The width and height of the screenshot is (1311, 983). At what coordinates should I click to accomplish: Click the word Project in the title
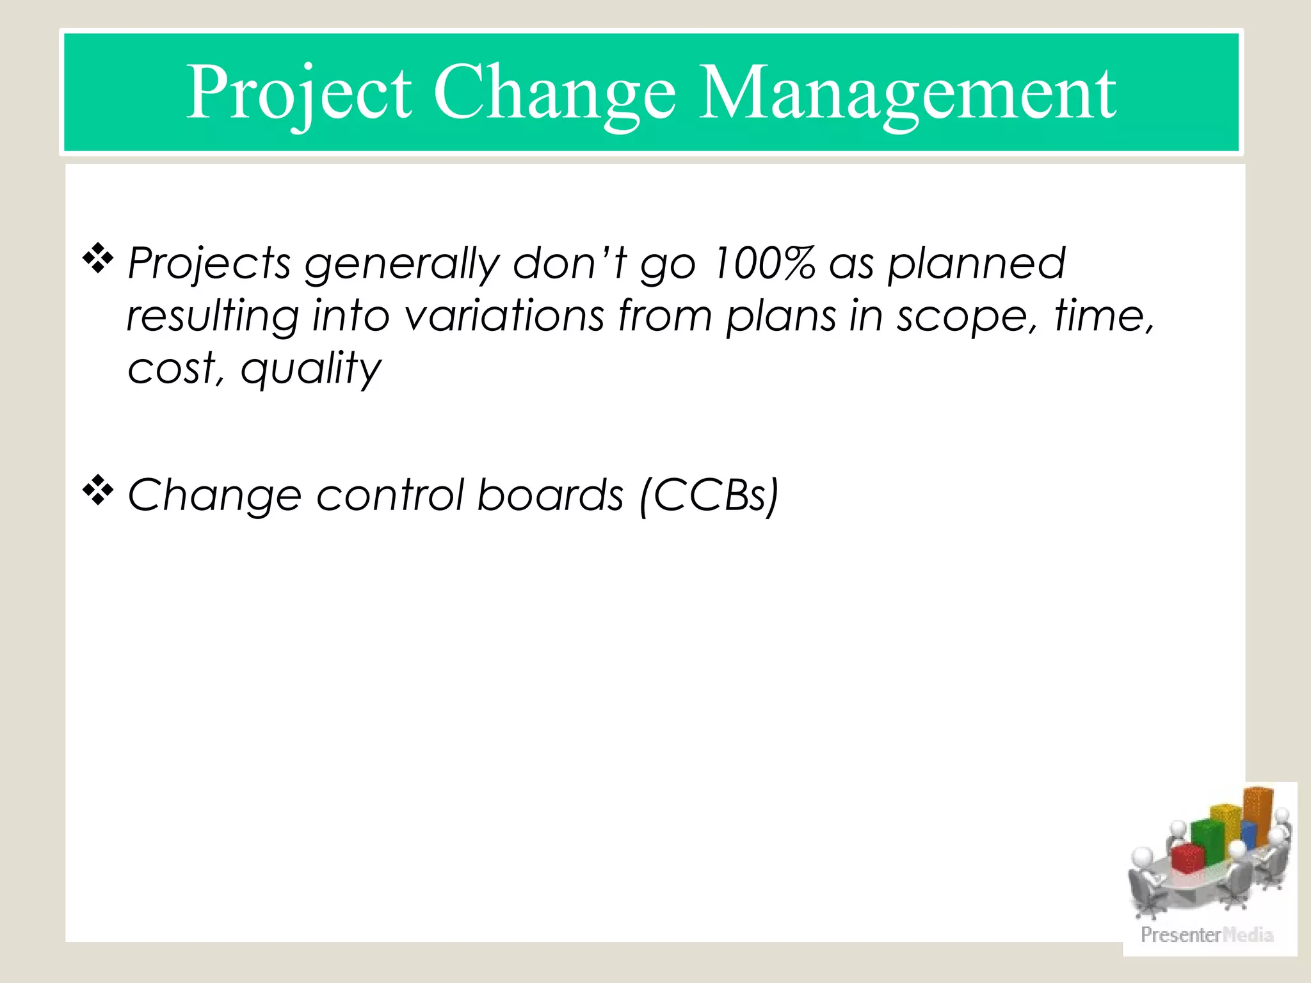tap(299, 93)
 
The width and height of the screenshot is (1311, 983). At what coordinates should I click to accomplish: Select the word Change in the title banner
tap(554, 93)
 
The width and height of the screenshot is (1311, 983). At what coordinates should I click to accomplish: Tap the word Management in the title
tap(907, 93)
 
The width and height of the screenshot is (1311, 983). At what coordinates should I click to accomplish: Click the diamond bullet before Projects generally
tap(98, 259)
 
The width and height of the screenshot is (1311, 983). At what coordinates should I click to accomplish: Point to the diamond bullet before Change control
tap(98, 491)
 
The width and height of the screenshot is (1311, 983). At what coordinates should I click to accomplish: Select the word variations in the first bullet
tap(504, 316)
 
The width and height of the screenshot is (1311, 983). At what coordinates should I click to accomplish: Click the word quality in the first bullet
tap(311, 370)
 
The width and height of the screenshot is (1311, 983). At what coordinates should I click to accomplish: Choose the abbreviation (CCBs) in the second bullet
tap(709, 495)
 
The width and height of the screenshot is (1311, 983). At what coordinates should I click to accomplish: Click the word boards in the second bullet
tap(550, 495)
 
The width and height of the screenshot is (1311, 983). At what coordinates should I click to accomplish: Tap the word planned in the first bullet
tap(976, 264)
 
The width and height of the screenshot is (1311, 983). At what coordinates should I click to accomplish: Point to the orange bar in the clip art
tap(1258, 816)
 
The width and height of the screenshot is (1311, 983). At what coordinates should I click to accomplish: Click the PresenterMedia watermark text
tap(1207, 935)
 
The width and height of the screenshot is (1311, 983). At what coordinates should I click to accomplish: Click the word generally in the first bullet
tap(401, 264)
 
